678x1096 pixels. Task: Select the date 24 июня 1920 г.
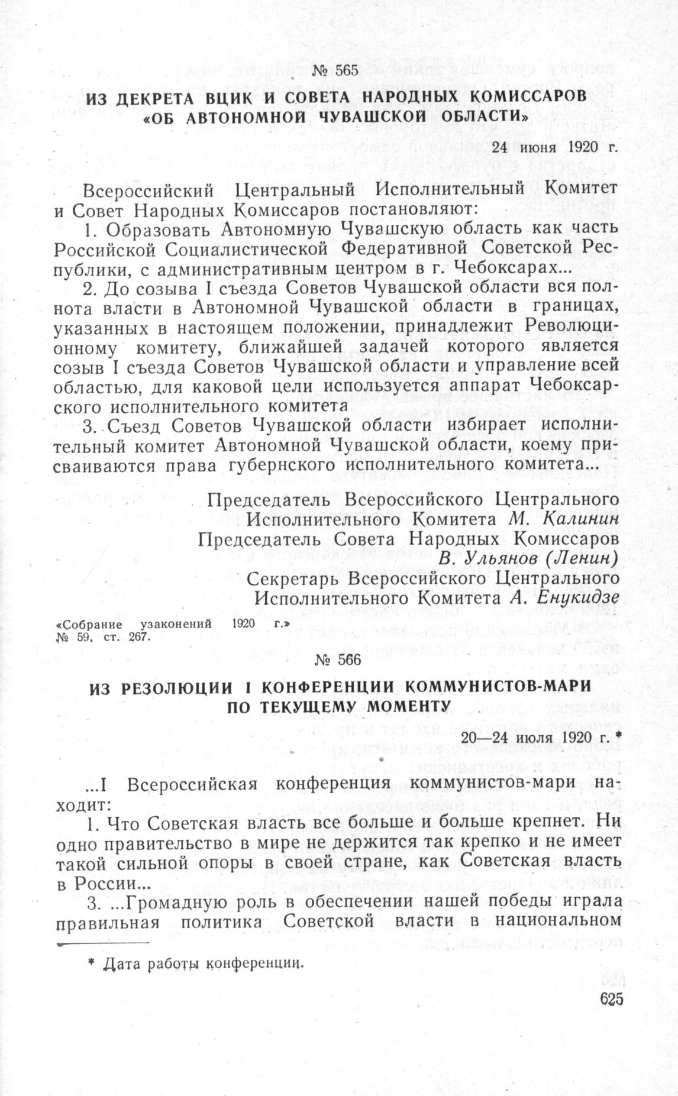554,147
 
